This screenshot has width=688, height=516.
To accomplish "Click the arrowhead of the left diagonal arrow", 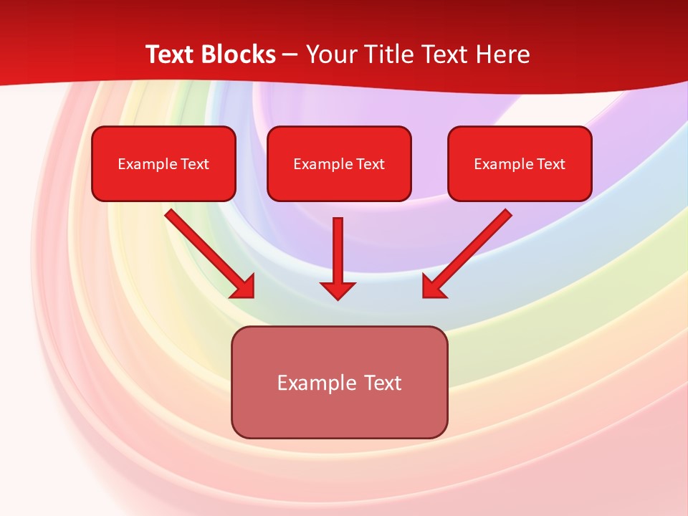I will (x=244, y=287).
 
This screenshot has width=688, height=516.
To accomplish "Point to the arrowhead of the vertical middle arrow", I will (x=338, y=290).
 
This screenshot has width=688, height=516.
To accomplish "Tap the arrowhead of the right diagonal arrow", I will (x=433, y=287).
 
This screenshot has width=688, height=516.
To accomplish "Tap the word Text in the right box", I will (x=550, y=164).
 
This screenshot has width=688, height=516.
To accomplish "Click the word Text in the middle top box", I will (x=371, y=164).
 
